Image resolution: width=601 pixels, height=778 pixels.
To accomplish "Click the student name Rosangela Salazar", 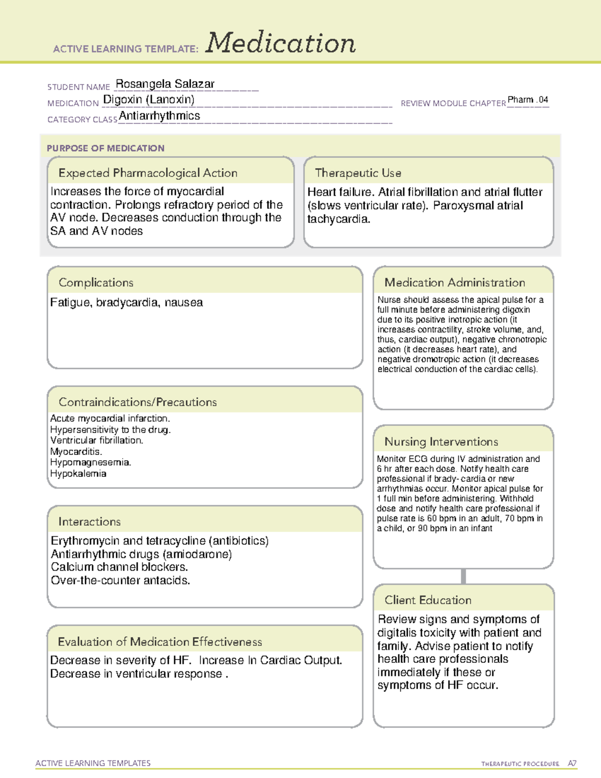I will tap(165, 84).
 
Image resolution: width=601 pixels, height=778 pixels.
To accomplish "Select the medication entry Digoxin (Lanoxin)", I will tap(149, 100).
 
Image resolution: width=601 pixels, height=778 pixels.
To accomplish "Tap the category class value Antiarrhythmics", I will tap(159, 116).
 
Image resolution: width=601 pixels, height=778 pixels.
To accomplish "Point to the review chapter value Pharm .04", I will tap(527, 100).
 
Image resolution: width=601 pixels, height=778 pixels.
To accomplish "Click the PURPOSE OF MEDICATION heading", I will tap(105, 148).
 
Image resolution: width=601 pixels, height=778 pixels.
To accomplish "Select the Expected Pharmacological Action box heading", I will tap(148, 173).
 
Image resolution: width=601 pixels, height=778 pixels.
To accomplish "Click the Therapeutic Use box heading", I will tap(358, 173).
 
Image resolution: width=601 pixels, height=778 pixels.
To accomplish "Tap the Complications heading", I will tap(96, 283).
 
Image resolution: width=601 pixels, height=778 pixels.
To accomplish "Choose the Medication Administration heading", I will tap(454, 283).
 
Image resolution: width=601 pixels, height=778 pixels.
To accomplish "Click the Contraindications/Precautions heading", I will tap(137, 402).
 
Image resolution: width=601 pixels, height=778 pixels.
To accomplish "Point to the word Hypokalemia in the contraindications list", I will tap(78, 473).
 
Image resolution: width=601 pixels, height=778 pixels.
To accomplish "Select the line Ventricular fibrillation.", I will tap(97, 440).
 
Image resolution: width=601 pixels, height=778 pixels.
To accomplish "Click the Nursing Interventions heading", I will tap(441, 442).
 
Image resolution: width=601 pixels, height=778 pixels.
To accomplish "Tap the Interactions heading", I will tap(89, 522).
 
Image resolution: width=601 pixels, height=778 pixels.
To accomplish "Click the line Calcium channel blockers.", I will tap(119, 567).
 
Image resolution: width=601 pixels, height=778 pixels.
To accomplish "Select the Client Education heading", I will tap(428, 600).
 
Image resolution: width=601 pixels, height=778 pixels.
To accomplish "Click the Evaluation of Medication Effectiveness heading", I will tap(160, 642).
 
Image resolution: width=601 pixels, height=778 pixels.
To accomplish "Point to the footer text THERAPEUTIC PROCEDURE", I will tap(520, 764).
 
